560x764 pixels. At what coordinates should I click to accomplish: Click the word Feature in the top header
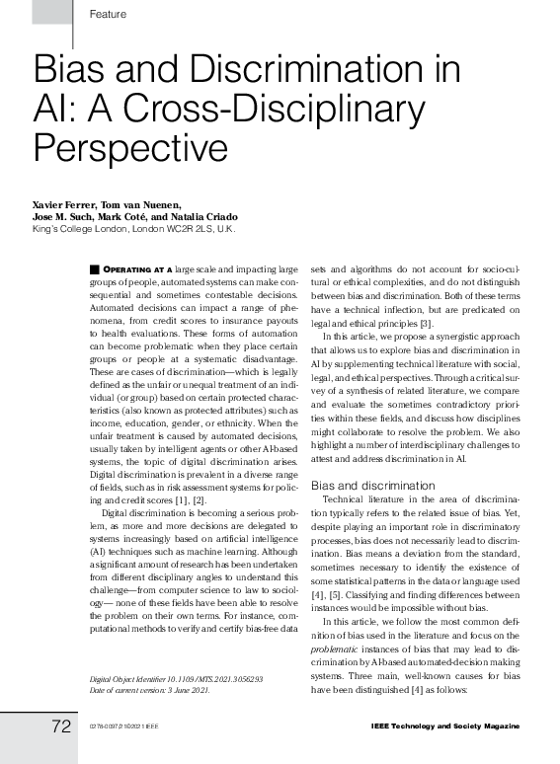tap(107, 13)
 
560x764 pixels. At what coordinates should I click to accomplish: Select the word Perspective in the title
tap(131, 147)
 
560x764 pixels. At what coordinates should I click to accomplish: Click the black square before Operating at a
tap(95, 268)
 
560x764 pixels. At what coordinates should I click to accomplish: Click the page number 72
tap(61, 726)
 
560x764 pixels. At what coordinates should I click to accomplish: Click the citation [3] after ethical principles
tap(426, 323)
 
